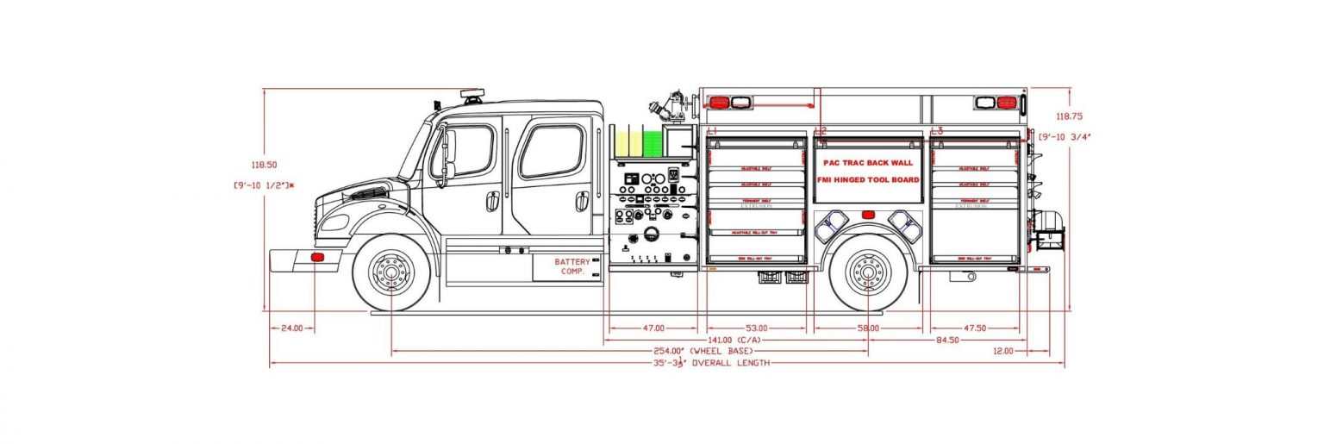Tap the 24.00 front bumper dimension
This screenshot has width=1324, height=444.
(292, 328)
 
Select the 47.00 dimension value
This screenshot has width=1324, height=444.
(653, 328)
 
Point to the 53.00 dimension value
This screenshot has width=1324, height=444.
(757, 328)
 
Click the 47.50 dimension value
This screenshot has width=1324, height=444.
(972, 328)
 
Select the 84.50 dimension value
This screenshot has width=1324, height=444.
(946, 340)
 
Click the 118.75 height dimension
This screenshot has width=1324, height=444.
(1069, 116)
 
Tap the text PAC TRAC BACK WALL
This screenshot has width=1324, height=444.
(867, 162)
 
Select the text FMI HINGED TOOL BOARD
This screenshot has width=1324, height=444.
(867, 180)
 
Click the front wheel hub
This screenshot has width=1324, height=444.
(391, 272)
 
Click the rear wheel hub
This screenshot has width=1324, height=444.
(868, 272)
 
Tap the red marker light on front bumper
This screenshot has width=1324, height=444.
(317, 257)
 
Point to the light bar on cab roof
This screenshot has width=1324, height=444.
(472, 93)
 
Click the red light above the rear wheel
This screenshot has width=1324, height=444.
(868, 215)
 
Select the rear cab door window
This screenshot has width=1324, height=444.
(552, 151)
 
